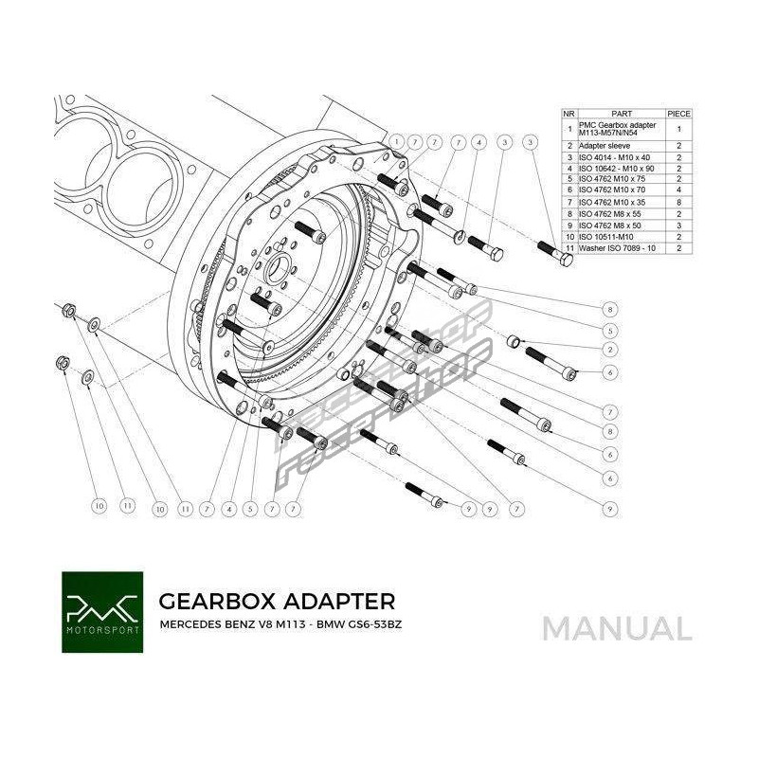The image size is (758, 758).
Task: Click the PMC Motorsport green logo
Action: coord(102,611)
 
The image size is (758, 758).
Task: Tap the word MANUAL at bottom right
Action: coord(617,627)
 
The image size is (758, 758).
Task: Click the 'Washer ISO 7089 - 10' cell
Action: coord(615,247)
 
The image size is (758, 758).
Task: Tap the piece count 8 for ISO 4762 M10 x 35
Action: coord(679,202)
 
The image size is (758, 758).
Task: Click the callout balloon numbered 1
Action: coord(396,143)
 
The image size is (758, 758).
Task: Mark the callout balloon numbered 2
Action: coord(608,350)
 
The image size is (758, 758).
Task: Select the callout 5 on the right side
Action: coord(608,330)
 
